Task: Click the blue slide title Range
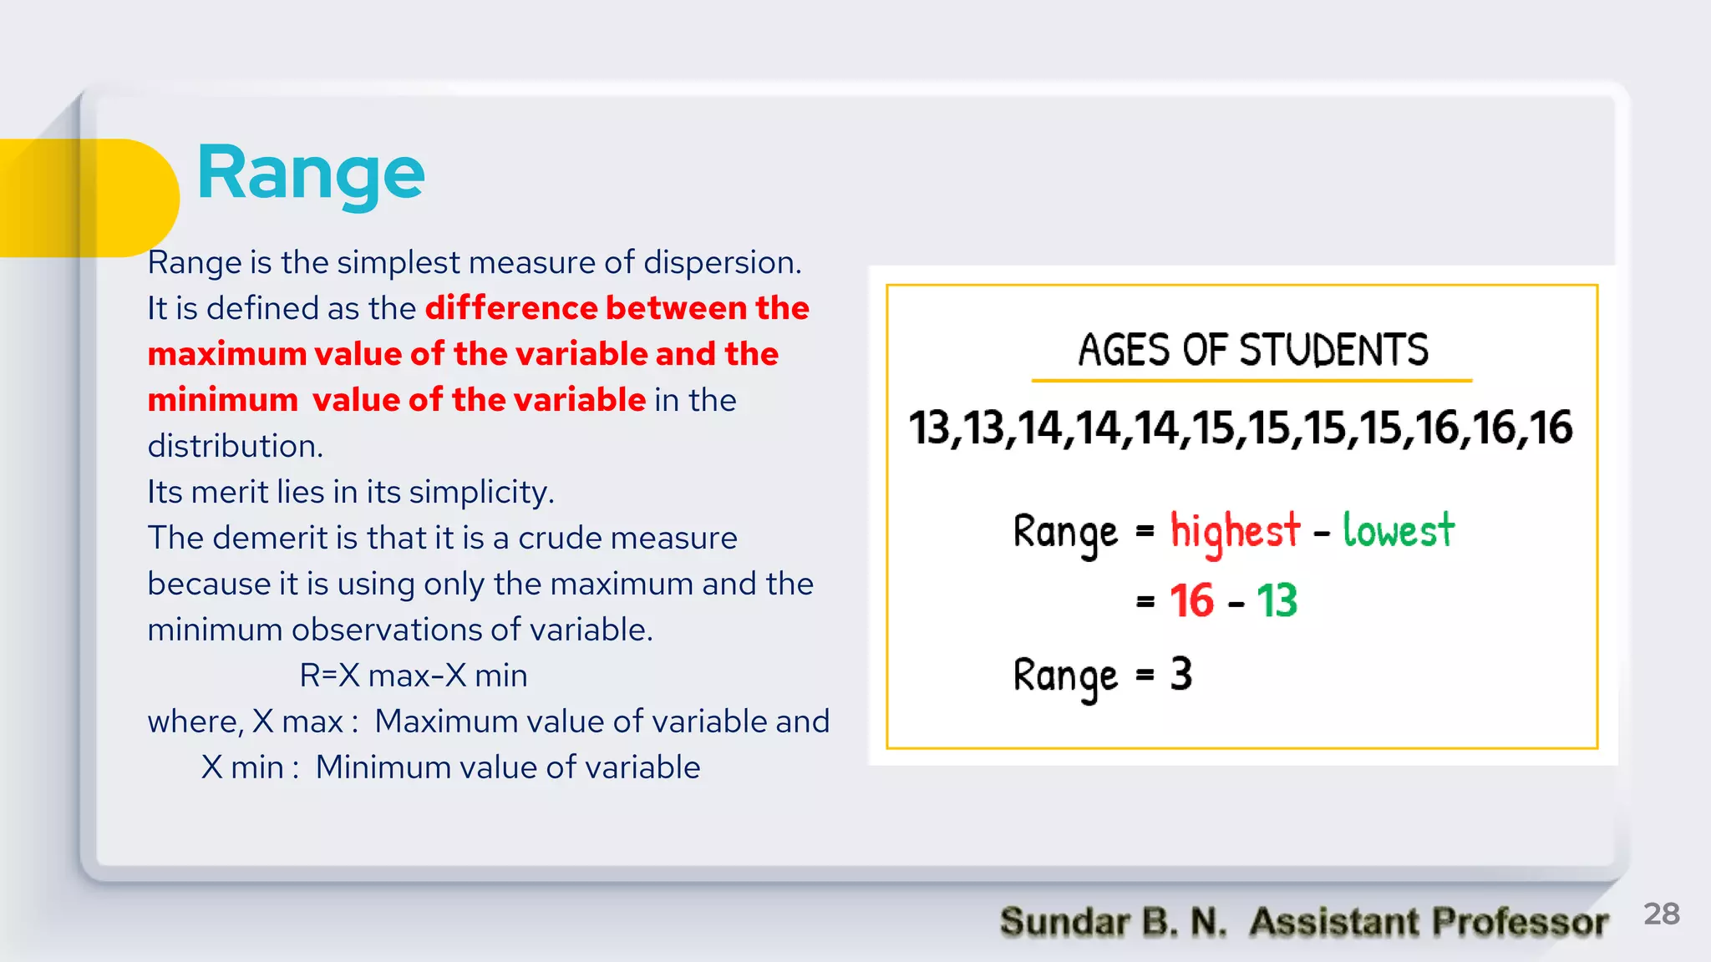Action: [311, 174]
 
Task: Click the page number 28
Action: [1661, 914]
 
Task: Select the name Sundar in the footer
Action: [1064, 922]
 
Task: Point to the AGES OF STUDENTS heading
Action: [1252, 350]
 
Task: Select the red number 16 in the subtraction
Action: [1191, 600]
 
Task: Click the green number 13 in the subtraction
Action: [1277, 600]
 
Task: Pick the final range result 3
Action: [1180, 674]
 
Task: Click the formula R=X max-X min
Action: [414, 675]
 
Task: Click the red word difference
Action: [510, 308]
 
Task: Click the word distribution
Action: [234, 446]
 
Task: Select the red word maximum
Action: [227, 354]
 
